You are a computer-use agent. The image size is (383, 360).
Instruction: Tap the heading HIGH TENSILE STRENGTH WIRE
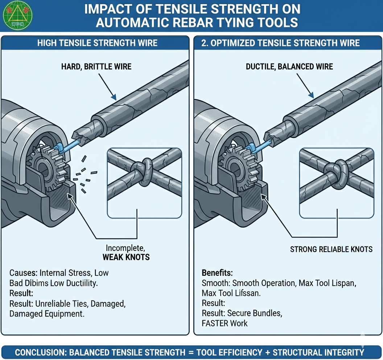97,43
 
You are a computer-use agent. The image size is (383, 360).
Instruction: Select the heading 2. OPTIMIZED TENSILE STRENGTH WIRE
280,43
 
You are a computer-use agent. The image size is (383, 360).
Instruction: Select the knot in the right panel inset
335,168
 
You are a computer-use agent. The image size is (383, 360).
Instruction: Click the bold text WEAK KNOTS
126,257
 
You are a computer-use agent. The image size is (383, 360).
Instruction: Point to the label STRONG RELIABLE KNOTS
331,249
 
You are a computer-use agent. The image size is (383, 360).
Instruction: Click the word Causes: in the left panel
23,273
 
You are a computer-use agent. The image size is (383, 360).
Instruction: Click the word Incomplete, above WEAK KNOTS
125,248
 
